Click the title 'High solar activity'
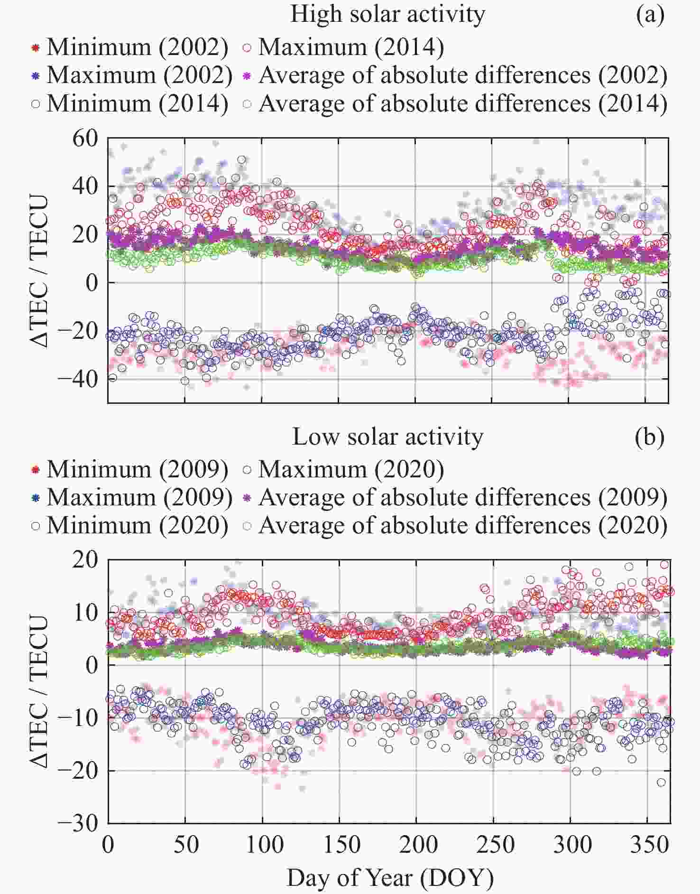pos(387,14)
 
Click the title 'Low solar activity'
pos(387,437)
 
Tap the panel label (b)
pos(650,437)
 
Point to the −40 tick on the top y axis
pos(78,379)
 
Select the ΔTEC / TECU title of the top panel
pos(39,270)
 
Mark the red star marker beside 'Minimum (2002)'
pos(36,47)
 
